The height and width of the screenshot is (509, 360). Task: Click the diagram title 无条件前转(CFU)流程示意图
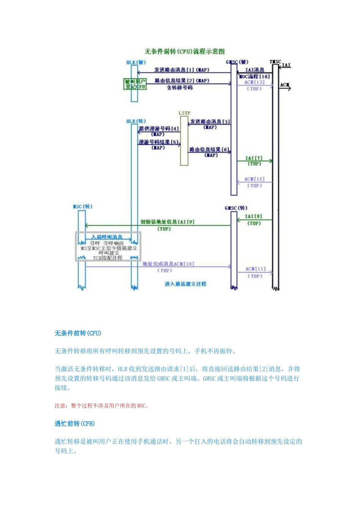click(x=185, y=52)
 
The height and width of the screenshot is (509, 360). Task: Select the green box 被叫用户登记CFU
click(x=135, y=84)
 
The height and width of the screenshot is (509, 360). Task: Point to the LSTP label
click(x=185, y=113)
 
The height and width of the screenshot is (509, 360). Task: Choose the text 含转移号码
click(x=180, y=88)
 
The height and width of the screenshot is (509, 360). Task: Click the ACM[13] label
click(x=254, y=82)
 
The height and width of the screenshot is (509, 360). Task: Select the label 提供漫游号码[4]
click(x=159, y=129)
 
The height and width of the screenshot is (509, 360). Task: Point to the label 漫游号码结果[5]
click(x=159, y=142)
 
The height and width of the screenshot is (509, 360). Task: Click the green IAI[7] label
click(x=254, y=158)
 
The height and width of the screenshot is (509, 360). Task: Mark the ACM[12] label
click(x=254, y=179)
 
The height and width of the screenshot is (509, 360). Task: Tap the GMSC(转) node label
click(x=236, y=208)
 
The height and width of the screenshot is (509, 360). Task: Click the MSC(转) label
click(x=83, y=206)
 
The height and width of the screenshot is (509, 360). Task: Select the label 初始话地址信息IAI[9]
click(x=167, y=222)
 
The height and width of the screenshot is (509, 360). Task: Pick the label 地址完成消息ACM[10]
click(x=168, y=264)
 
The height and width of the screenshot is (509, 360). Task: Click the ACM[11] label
click(x=255, y=269)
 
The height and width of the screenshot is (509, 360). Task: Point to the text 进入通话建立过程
click(x=186, y=284)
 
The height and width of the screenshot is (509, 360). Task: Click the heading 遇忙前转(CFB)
click(x=75, y=423)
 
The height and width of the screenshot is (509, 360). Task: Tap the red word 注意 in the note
click(x=59, y=406)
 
